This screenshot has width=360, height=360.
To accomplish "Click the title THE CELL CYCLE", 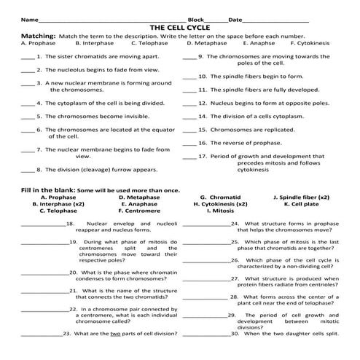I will (180, 27).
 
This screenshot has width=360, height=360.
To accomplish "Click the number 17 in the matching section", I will (203, 156).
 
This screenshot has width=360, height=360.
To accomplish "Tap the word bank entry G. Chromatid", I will (220, 197).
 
